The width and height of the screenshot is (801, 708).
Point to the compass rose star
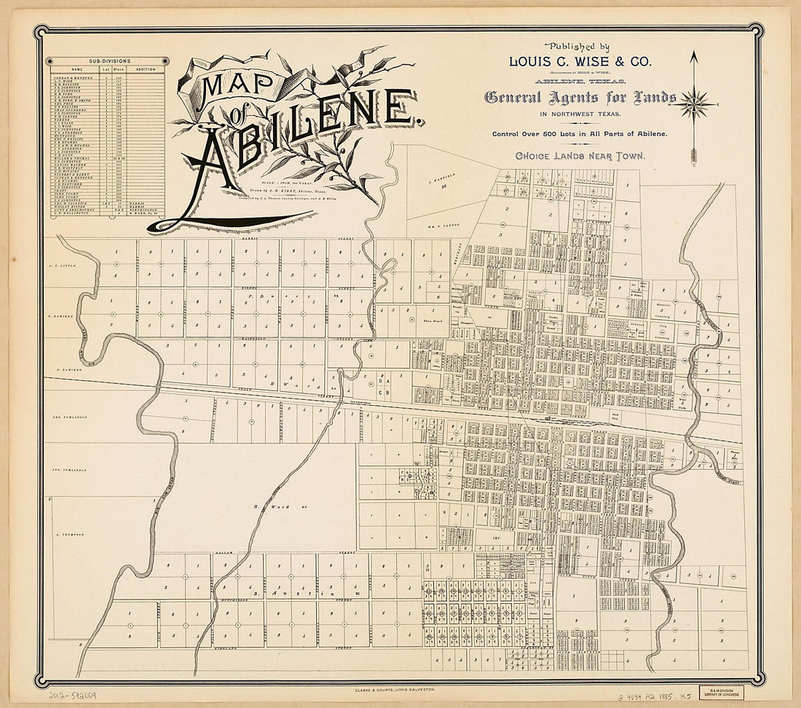pos(694,103)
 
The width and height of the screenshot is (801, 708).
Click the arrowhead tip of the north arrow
pos(694,54)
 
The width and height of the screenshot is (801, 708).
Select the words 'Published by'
pos(580,45)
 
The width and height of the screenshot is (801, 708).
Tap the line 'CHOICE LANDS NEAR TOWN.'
pos(580,155)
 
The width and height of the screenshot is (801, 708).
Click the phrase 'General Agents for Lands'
pos(580,97)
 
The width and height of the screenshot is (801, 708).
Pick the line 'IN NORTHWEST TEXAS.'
pos(580,114)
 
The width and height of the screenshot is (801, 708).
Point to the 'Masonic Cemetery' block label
pos(662,305)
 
